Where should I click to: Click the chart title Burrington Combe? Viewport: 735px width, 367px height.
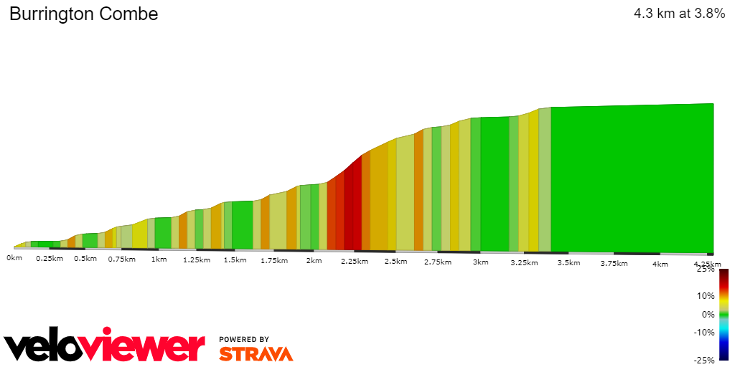point(83,14)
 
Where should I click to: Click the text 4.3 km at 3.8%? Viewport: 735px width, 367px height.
point(679,14)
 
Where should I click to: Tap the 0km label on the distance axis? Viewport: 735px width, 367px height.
point(14,257)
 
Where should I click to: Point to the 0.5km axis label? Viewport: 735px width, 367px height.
point(85,259)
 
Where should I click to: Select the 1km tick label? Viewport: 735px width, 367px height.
point(159,259)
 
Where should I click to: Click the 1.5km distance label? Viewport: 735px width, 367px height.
point(235,260)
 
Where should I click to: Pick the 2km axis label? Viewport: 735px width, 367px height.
point(314,261)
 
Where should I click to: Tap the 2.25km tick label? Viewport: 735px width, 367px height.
point(354,262)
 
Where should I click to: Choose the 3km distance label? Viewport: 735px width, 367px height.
point(480,262)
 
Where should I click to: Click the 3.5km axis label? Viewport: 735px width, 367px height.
point(568,263)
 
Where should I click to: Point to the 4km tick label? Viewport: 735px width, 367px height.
point(660,264)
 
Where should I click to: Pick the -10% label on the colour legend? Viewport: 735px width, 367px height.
point(703,332)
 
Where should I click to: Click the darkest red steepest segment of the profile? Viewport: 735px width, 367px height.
point(352,208)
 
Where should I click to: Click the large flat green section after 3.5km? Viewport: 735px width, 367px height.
point(632,179)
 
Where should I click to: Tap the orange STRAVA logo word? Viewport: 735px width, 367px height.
point(256,353)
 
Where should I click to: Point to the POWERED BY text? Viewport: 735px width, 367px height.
point(244,339)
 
